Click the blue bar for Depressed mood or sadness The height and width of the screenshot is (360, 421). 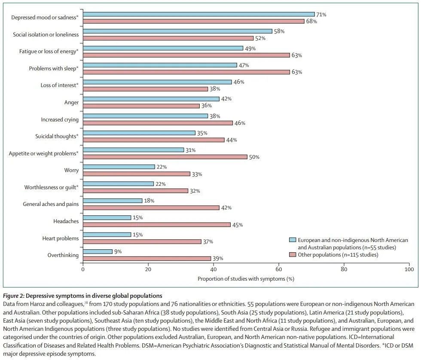coord(198,14)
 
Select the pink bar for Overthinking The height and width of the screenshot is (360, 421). coord(146,258)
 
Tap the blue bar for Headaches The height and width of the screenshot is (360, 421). coord(107,218)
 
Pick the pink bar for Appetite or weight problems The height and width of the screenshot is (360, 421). coord(165,157)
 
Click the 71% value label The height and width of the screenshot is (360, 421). coord(321,15)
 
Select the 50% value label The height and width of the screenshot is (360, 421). coord(254,157)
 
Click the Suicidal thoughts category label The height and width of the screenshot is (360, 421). coord(57,136)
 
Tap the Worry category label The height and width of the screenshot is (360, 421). coord(71,170)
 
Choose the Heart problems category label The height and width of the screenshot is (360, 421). coord(60,238)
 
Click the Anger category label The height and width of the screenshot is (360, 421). coord(71,103)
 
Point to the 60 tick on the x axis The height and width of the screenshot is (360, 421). coord(279,269)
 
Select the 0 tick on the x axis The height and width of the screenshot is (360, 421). coord(83,269)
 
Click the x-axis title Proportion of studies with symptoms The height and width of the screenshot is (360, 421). coord(246,279)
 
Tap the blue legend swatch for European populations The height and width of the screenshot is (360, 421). coord(292,240)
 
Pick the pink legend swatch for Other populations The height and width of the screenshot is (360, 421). coord(292,255)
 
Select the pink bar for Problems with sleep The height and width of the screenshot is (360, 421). coord(186,72)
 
